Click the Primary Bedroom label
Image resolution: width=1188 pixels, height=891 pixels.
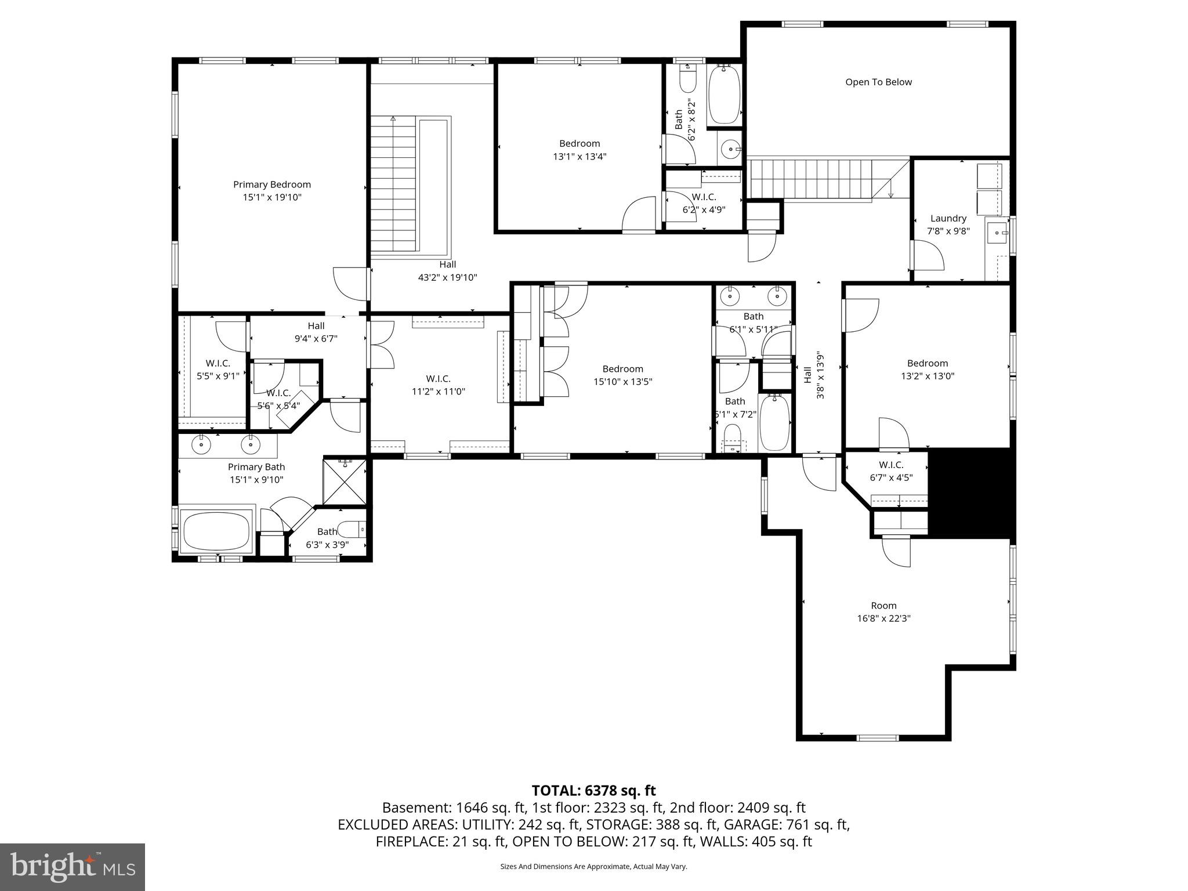click(x=272, y=184)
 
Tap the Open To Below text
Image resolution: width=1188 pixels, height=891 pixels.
click(x=878, y=82)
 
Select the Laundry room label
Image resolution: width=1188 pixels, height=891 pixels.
click(x=948, y=219)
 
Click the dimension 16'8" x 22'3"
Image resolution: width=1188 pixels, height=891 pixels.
click(x=883, y=618)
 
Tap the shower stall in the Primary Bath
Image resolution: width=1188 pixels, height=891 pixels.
click(x=345, y=481)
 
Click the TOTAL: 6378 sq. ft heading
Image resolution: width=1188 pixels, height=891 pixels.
click(x=593, y=791)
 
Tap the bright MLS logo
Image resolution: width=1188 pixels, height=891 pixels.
click(x=73, y=867)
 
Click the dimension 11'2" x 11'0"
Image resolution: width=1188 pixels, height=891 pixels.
click(x=439, y=392)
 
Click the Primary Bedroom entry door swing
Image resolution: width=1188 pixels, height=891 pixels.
click(x=351, y=284)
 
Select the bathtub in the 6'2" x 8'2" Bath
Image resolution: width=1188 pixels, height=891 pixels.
click(x=725, y=95)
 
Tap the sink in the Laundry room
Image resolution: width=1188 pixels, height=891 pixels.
click(x=999, y=233)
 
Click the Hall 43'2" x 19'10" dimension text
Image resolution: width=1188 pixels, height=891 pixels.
click(x=447, y=278)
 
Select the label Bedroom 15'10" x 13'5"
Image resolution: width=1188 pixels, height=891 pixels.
click(x=622, y=375)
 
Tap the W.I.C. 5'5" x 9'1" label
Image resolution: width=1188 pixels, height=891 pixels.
click(x=218, y=370)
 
